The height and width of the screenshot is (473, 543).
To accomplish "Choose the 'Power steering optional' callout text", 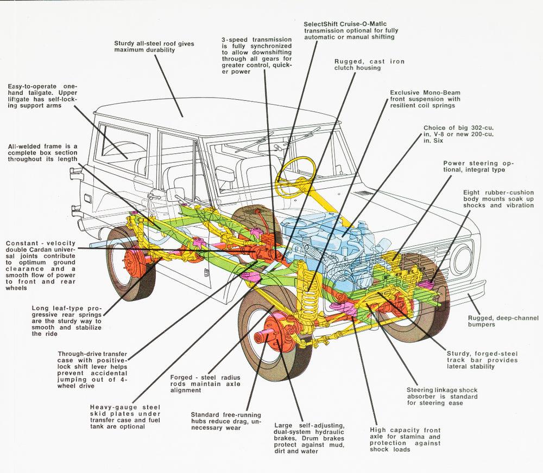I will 478,166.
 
